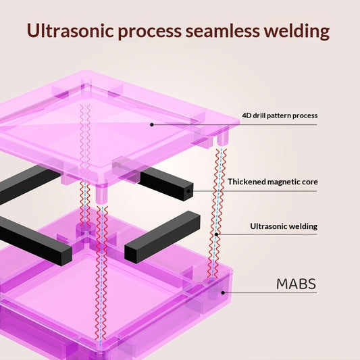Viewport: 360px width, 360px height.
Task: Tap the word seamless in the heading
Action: (x=222, y=30)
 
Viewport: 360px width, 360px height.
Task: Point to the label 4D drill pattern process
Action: (x=280, y=115)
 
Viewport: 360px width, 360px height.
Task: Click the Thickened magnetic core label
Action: (x=273, y=182)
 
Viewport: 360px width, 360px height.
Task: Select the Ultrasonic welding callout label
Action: (x=284, y=226)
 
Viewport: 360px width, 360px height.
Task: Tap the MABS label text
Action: (x=297, y=284)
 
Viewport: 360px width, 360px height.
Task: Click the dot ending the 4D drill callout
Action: (x=152, y=125)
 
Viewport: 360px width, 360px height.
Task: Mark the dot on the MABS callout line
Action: (x=223, y=292)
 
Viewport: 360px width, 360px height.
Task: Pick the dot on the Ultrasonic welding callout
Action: (x=216, y=234)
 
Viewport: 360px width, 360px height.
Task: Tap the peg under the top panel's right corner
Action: (x=222, y=138)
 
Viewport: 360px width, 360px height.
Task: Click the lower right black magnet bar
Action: (x=162, y=237)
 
